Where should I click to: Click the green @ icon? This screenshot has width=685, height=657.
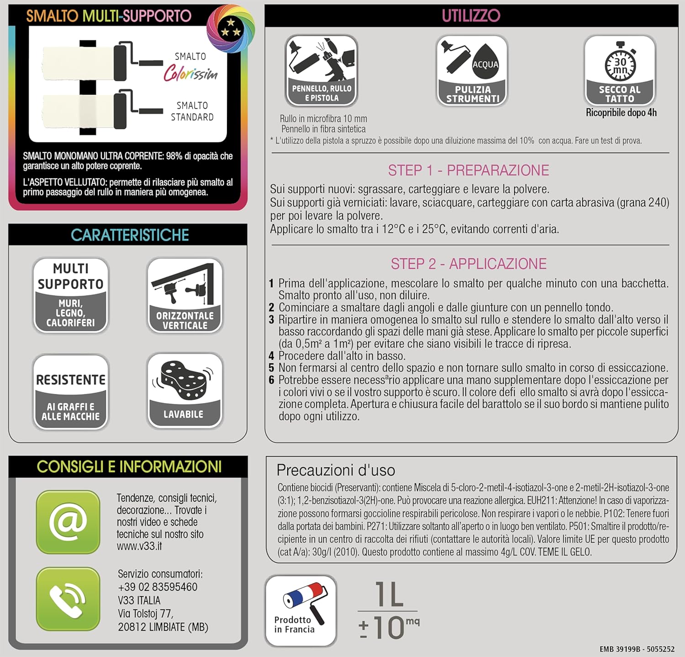(68, 521)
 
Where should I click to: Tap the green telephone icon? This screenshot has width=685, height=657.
(68, 599)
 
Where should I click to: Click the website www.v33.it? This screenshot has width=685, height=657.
(139, 546)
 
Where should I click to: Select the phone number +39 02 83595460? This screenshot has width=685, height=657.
(158, 587)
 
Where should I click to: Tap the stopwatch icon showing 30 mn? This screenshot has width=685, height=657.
(620, 64)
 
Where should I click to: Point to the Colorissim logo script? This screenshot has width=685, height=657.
(190, 73)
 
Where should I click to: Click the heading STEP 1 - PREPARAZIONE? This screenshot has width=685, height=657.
(468, 170)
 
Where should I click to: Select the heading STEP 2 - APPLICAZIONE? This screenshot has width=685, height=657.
(468, 264)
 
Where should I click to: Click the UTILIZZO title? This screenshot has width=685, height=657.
(471, 16)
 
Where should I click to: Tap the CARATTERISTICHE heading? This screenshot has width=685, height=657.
(130, 235)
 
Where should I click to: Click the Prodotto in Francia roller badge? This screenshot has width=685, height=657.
(300, 610)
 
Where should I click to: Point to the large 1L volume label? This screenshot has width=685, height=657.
(389, 595)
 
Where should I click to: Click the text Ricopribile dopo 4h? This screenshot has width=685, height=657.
(621, 112)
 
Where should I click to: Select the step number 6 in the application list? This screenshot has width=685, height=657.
(271, 380)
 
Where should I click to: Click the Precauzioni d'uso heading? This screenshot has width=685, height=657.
(336, 470)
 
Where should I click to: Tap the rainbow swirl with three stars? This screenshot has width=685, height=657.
(230, 28)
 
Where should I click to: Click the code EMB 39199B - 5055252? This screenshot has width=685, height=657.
(637, 649)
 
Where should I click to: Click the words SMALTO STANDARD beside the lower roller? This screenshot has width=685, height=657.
(192, 111)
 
